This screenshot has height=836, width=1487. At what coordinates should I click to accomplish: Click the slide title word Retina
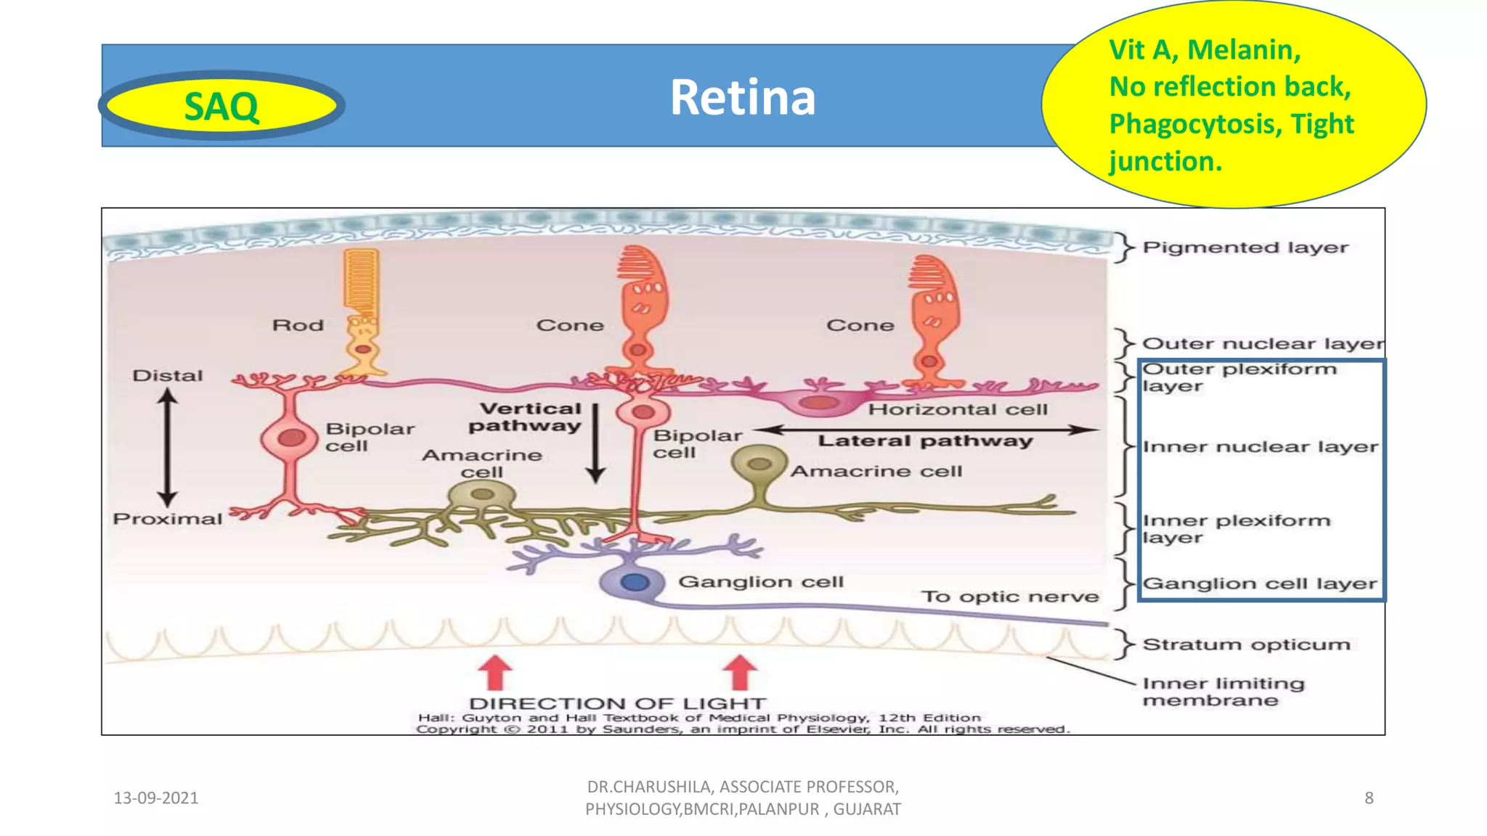[742, 97]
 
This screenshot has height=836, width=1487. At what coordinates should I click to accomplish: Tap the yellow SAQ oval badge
[221, 106]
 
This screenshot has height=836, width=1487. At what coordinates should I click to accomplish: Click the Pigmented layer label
[1244, 247]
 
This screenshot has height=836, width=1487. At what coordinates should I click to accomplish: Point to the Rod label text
[298, 325]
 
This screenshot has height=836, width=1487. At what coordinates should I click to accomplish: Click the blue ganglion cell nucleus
[635, 582]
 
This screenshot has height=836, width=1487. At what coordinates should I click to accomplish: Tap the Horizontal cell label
[958, 410]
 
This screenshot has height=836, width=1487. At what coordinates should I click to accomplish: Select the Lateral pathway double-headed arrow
[926, 430]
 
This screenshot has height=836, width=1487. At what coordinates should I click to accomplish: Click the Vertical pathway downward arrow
[595, 443]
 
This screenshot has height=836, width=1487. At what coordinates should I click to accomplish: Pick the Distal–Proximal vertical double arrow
[168, 447]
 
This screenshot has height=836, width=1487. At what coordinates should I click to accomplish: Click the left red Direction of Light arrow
[496, 671]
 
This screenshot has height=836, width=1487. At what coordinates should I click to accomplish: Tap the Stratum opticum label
[1246, 644]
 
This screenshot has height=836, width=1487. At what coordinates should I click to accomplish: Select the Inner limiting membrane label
[1223, 692]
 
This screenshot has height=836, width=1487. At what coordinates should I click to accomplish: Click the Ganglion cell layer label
[1259, 584]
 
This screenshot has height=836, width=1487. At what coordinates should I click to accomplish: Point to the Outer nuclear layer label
[1262, 343]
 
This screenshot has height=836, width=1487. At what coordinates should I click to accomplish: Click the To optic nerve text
[1010, 597]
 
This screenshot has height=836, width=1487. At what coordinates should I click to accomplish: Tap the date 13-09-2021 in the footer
[156, 798]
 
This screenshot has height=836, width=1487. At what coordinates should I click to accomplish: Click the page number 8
[1369, 798]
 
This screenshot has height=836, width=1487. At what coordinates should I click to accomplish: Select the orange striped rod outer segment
[361, 279]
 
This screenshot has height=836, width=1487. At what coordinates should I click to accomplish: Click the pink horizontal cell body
[818, 403]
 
